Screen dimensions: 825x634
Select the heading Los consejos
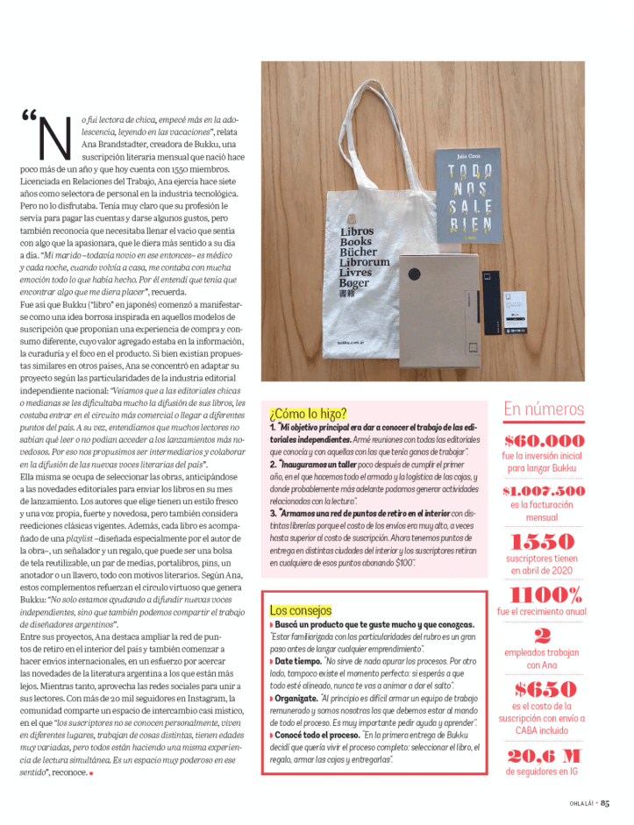pyautogui.click(x=301, y=609)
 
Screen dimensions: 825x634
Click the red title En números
pyautogui.click(x=544, y=409)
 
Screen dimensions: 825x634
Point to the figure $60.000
pyautogui.click(x=544, y=440)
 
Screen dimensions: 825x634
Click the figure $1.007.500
pyautogui.click(x=544, y=491)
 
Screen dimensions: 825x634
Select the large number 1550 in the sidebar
pyautogui.click(x=543, y=541)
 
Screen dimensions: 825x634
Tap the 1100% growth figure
pyautogui.click(x=543, y=595)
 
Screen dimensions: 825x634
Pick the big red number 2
pyautogui.click(x=543, y=637)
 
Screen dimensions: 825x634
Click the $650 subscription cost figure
pyautogui.click(x=544, y=689)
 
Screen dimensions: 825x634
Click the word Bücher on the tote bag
pyautogui.click(x=358, y=252)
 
